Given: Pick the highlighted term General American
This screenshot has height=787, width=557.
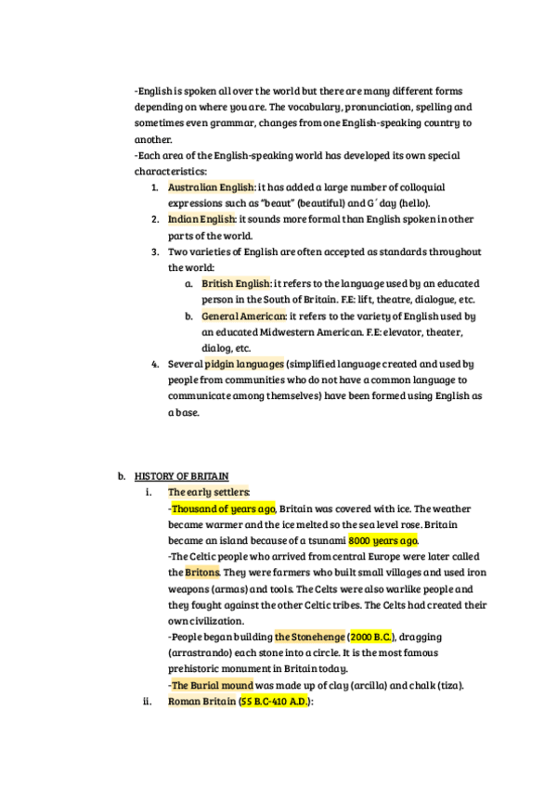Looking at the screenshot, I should tap(244, 316).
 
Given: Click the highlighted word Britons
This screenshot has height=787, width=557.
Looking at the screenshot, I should tap(203, 573).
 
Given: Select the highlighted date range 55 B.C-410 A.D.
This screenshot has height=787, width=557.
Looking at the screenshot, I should tap(275, 702).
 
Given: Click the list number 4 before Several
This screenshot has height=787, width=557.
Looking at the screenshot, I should tap(155, 364).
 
